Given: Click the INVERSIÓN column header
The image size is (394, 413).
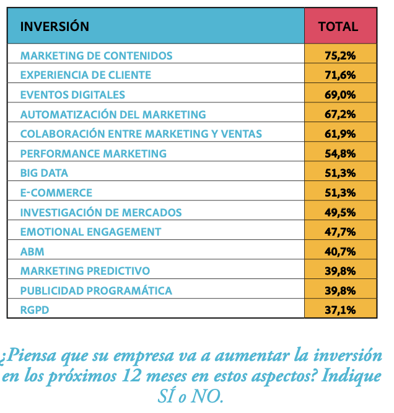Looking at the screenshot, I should (55, 27).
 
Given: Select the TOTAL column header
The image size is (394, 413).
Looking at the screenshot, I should (338, 27).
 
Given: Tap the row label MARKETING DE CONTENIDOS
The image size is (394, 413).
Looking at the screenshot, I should (96, 55).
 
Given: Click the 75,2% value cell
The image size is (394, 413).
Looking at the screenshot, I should (340, 55).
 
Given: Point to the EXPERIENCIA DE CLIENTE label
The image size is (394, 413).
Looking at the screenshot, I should (85, 75).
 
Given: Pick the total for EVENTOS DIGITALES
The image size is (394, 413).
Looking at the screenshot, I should (340, 95).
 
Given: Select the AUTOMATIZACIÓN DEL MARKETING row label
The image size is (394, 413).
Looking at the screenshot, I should (113, 115).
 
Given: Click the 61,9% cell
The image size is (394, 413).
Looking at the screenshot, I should (340, 134).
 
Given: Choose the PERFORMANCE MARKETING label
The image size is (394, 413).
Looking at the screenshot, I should (93, 153).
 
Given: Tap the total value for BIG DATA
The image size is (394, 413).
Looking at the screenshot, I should (340, 173).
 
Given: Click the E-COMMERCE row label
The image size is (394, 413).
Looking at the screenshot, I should (56, 193).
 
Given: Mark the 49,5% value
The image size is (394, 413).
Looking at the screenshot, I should (340, 212).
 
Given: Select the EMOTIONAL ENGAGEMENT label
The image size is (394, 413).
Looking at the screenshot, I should (90, 232).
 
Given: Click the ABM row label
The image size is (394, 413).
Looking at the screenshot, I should (32, 252).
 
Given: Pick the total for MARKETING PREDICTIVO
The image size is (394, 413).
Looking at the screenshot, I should (340, 271).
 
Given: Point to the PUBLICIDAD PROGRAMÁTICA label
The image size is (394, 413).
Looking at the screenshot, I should (96, 291).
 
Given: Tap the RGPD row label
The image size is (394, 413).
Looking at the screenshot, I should (34, 310).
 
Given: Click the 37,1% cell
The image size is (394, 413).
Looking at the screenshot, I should (340, 310).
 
